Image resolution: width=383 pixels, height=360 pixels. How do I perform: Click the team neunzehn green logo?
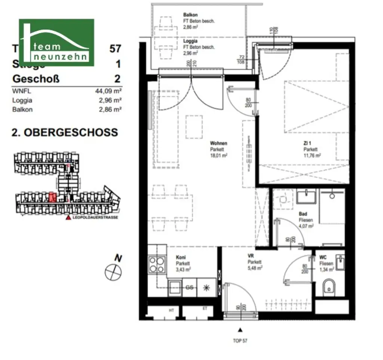tap(56, 42)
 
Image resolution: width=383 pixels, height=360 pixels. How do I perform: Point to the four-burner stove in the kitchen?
tap(156, 265)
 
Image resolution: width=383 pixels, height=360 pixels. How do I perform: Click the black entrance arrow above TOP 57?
tap(240, 330)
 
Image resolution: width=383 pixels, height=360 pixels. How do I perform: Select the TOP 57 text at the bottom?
tap(240, 341)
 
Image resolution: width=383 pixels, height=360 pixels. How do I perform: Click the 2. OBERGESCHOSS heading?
tap(65, 132)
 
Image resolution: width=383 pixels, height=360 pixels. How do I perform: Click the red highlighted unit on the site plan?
tap(53, 197)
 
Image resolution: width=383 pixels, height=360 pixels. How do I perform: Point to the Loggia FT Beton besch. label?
tap(198, 47)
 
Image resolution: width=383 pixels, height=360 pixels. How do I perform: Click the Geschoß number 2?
tap(118, 79)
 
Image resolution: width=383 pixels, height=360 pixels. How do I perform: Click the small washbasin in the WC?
tap(340, 262)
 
